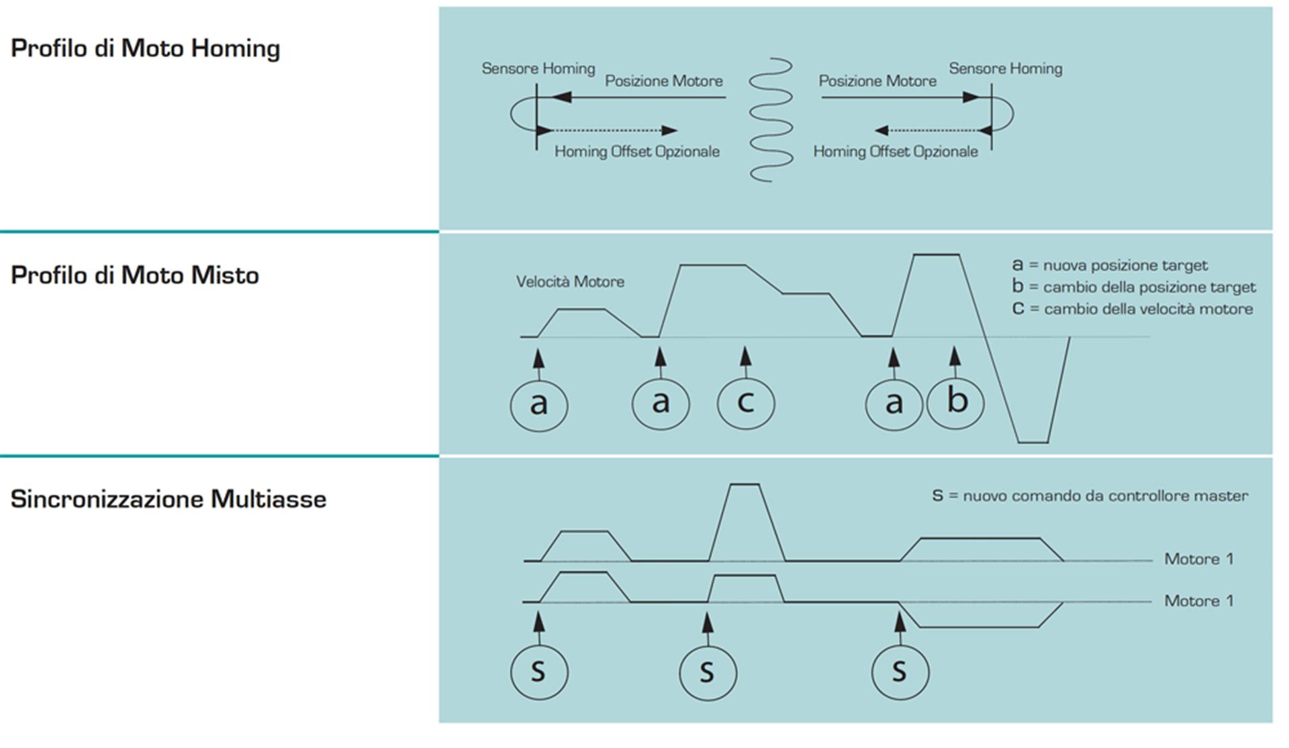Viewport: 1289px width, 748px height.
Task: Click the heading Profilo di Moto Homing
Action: click(x=145, y=49)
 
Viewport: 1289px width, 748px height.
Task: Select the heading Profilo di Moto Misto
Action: click(x=134, y=276)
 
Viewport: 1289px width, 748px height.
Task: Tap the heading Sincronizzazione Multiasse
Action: click(x=168, y=499)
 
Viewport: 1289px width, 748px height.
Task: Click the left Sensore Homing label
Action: click(x=538, y=68)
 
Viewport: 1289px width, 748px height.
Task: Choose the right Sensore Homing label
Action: click(x=1005, y=68)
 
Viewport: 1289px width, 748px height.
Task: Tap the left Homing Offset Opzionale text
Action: click(x=636, y=152)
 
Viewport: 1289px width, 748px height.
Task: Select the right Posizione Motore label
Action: click(x=877, y=81)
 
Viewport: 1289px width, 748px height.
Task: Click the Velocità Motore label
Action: click(x=570, y=282)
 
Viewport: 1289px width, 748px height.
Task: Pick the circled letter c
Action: click(x=746, y=403)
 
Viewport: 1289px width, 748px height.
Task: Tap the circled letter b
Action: click(x=955, y=403)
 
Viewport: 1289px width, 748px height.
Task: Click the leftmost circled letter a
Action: click(x=539, y=404)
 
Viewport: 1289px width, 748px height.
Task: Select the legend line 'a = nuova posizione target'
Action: click(x=1109, y=265)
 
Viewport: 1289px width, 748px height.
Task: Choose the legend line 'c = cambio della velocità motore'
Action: click(x=1132, y=309)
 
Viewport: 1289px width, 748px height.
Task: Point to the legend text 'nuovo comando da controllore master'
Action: click(x=1105, y=496)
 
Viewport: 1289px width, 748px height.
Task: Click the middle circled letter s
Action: click(x=708, y=672)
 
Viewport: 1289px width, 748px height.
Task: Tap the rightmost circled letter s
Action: click(x=900, y=672)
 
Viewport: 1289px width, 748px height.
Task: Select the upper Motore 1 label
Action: click(x=1198, y=559)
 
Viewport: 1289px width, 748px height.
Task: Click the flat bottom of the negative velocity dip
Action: click(x=1033, y=442)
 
